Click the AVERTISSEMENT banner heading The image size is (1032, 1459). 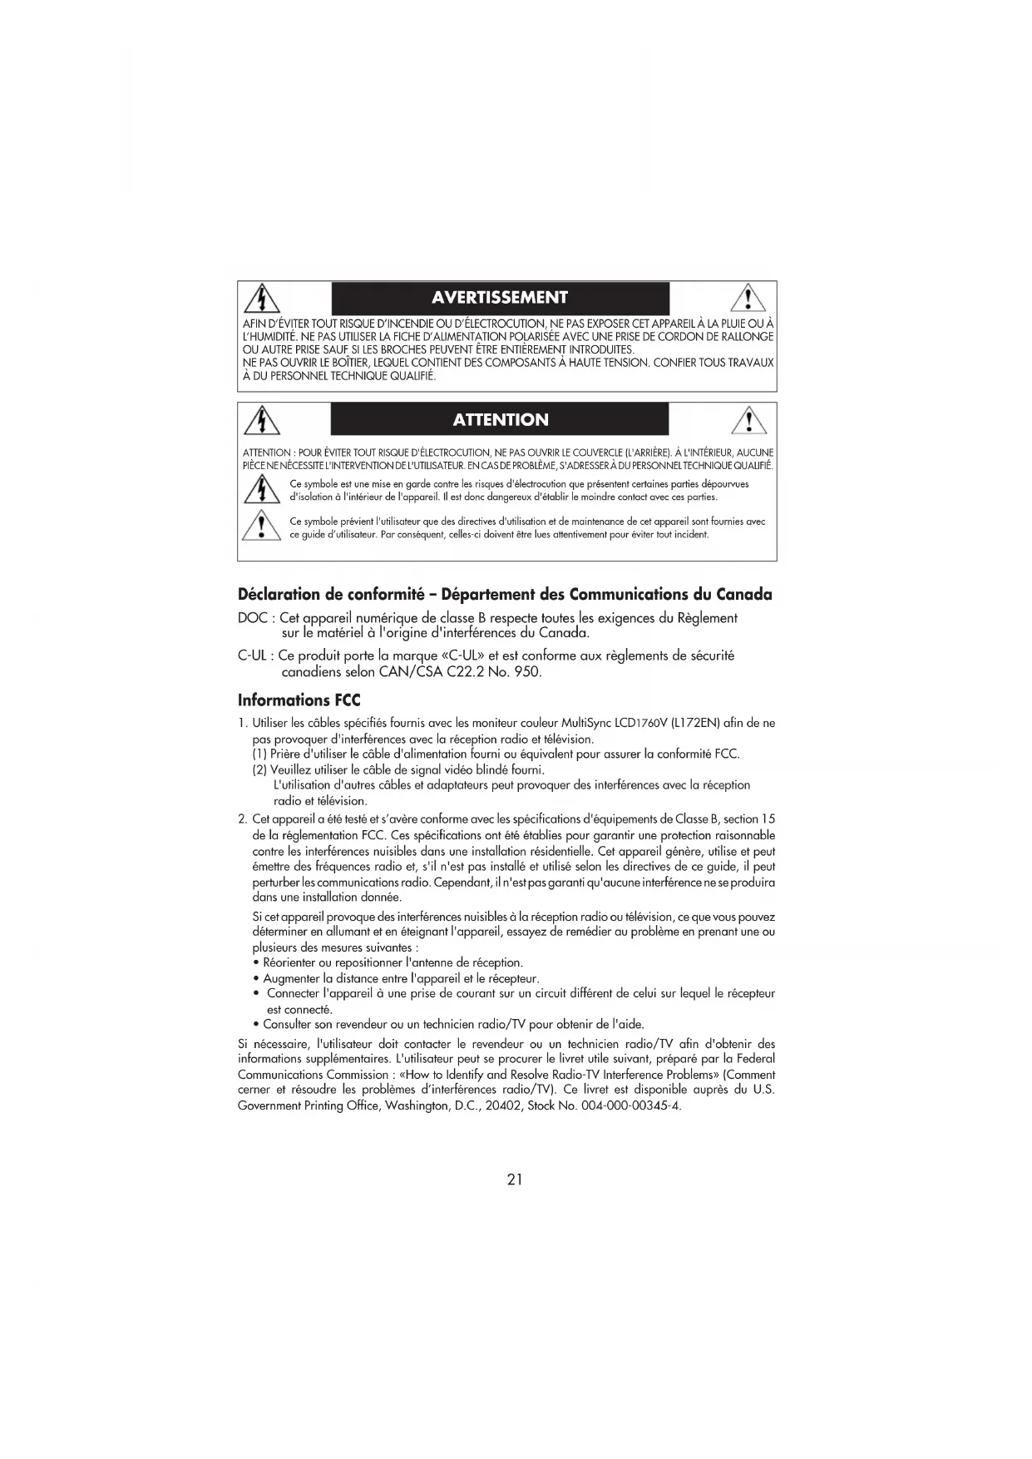(500, 298)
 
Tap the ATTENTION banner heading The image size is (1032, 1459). (500, 419)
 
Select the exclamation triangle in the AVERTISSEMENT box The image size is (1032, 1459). (749, 298)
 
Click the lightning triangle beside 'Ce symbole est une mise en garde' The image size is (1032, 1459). (262, 490)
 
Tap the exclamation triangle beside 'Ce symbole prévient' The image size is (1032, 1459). (262, 527)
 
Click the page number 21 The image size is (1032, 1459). (515, 1179)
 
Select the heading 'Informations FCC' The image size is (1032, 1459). (299, 700)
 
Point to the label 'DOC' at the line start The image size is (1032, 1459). (252, 618)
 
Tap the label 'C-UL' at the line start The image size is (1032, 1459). (252, 655)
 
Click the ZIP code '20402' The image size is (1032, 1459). (501, 1106)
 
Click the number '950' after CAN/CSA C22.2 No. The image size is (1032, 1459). (526, 671)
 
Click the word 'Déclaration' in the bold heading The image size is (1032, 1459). (279, 594)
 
